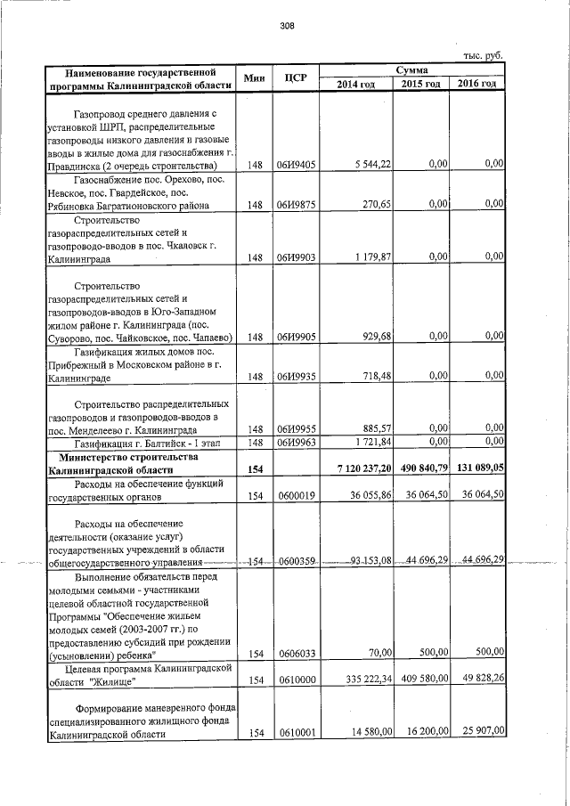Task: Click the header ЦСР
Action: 295,77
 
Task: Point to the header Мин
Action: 255,77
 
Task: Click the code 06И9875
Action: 295,205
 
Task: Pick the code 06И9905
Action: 295,337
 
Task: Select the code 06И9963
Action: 295,442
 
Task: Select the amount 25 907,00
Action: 482,731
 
